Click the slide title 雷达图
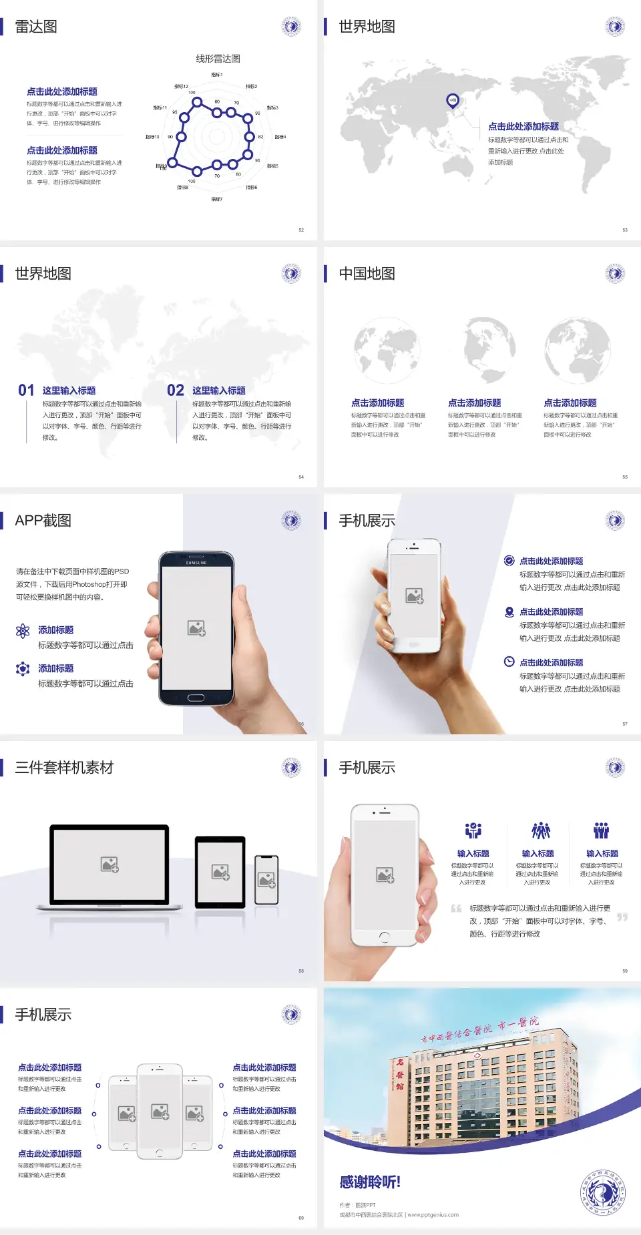(36, 27)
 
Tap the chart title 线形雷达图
(218, 59)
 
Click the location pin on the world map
(453, 101)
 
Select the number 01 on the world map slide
(26, 391)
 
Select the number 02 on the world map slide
(176, 391)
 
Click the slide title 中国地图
(367, 274)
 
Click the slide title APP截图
(43, 521)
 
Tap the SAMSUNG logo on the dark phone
(196, 563)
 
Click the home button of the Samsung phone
(196, 698)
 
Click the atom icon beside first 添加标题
(23, 631)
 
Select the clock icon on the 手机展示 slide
(509, 662)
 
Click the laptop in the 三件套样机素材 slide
(110, 867)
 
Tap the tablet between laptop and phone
(220, 871)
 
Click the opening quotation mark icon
(456, 909)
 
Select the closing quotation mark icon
(622, 917)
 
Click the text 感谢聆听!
(370, 1182)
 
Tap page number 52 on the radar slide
(301, 230)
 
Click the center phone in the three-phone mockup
(160, 1111)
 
